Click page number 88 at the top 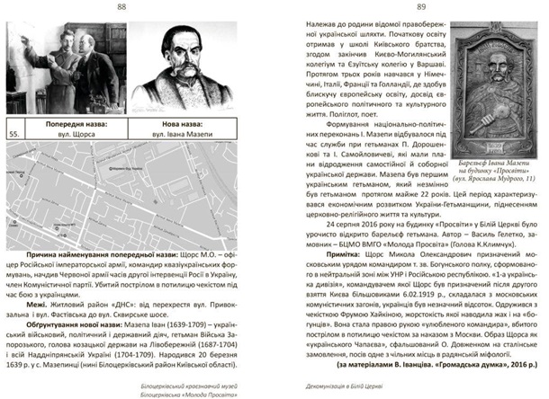coord(135,7)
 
